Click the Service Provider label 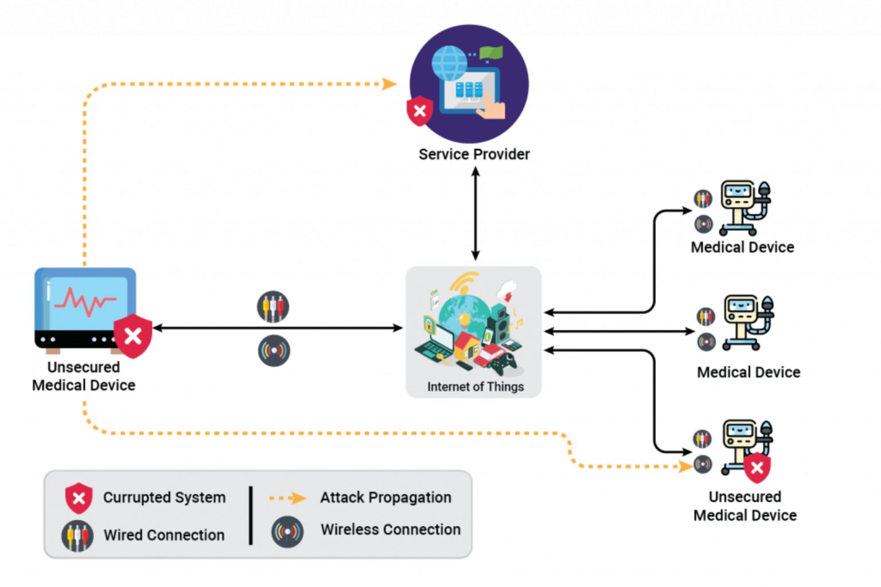coord(474,154)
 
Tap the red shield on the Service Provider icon coord(419,111)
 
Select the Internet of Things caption coord(475,387)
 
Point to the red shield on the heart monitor coord(133,336)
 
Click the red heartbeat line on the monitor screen coord(86,301)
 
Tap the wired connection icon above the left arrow coord(273,307)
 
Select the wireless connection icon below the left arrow coord(274,350)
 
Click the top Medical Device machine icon coord(744,208)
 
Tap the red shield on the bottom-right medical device coord(757,468)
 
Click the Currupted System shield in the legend coord(79,498)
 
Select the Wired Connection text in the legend coord(164,535)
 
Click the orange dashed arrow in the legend coord(288,498)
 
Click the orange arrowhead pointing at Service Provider coord(389,84)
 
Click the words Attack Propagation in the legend coord(385,498)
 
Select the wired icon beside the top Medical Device coord(703,199)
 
